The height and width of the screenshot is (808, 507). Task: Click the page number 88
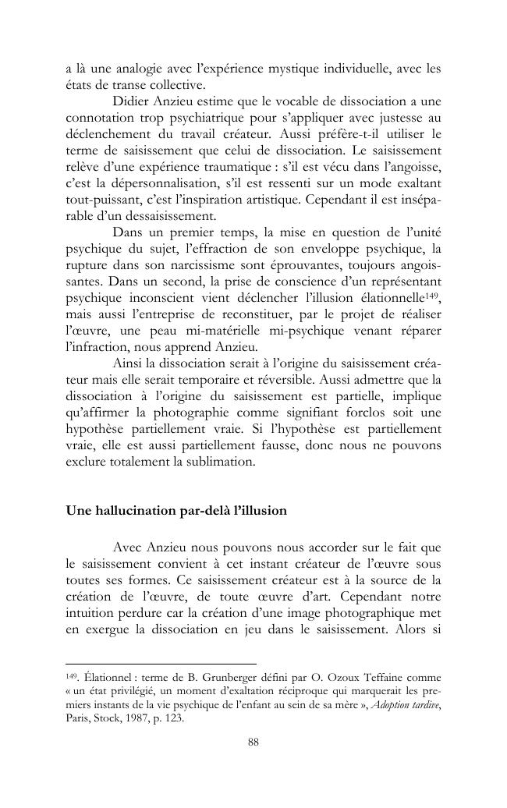[x=253, y=742]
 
